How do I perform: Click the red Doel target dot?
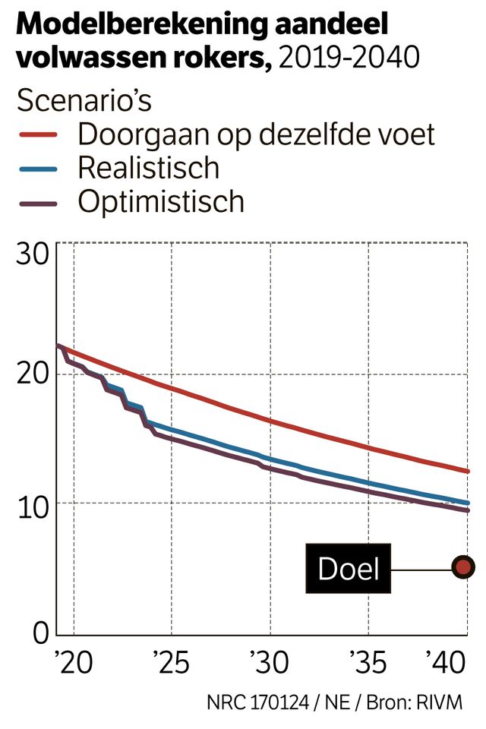[463, 566]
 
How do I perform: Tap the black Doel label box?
[349, 568]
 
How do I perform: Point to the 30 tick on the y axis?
[32, 253]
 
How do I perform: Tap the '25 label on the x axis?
[172, 663]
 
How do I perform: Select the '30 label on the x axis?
[270, 663]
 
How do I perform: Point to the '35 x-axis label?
[368, 663]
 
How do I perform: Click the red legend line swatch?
[38, 135]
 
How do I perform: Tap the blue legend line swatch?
[38, 169]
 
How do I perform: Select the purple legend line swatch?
[38, 203]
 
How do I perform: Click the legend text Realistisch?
[148, 168]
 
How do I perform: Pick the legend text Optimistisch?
[161, 202]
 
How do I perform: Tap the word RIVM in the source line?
[438, 702]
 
